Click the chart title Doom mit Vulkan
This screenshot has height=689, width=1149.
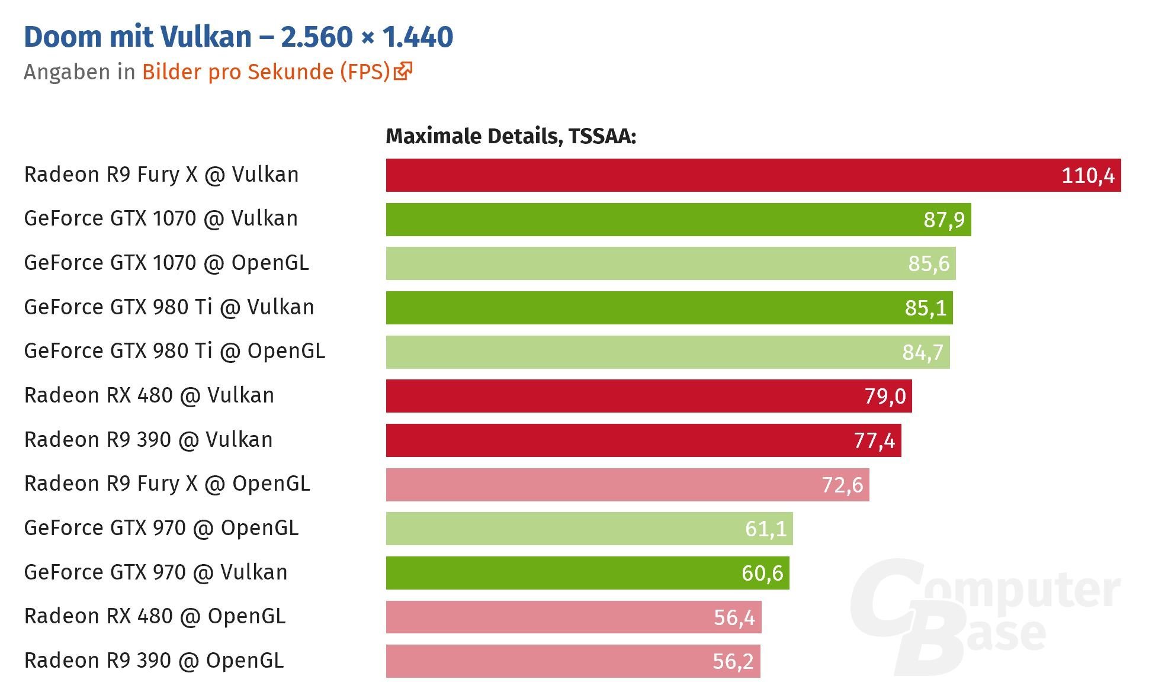point(238,37)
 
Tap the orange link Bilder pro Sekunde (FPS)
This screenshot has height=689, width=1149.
point(266,72)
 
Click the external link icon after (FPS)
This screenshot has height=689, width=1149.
point(403,71)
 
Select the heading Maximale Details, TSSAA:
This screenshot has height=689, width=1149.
point(511,136)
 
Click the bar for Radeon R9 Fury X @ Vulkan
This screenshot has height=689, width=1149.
point(711,175)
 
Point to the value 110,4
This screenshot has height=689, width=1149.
point(1087,176)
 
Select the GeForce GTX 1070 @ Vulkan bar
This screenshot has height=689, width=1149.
point(651,220)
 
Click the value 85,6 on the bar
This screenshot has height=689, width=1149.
point(928,263)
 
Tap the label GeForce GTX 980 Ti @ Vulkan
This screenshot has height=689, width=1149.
point(169,307)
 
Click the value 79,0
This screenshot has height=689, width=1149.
point(885,396)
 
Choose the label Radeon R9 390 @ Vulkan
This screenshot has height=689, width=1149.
point(148,440)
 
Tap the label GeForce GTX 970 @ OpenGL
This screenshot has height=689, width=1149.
point(161,528)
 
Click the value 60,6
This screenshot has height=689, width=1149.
point(762,573)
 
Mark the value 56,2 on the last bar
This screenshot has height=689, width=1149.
point(733,661)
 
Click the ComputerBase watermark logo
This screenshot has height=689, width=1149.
point(983,616)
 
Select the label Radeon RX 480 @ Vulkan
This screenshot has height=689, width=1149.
point(149,395)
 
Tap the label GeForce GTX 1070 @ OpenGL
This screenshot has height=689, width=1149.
point(166,263)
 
